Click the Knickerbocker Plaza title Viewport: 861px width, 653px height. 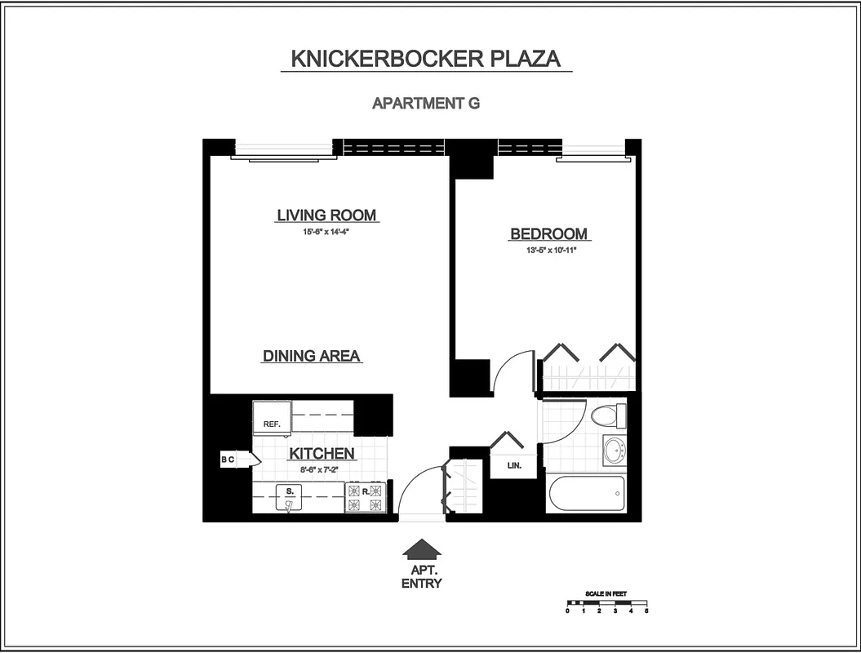pyautogui.click(x=426, y=60)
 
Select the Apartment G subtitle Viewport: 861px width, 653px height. pyautogui.click(x=426, y=104)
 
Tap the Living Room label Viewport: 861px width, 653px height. pyautogui.click(x=326, y=215)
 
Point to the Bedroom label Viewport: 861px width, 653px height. pyautogui.click(x=548, y=234)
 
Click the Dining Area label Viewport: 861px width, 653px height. pyautogui.click(x=312, y=357)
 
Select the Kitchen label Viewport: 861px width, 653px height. pyautogui.click(x=321, y=454)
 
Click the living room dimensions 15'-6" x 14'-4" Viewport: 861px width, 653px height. pyautogui.click(x=326, y=232)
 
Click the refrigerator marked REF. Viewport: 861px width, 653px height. pyautogui.click(x=272, y=420)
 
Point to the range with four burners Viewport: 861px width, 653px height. pyautogui.click(x=365, y=497)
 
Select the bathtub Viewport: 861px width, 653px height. pyautogui.click(x=586, y=493)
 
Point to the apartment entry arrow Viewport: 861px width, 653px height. pyautogui.click(x=422, y=549)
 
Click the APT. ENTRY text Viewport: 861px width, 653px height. pyautogui.click(x=422, y=578)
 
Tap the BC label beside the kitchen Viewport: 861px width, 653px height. pyautogui.click(x=228, y=460)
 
